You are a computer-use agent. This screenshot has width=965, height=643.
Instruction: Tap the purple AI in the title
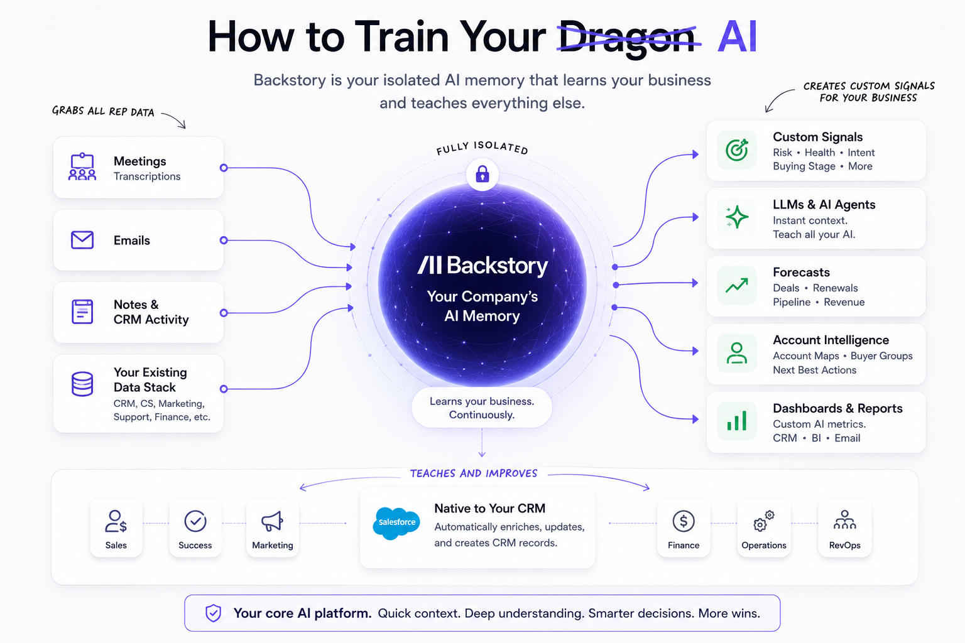737,36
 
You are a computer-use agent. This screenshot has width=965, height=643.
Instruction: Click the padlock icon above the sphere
482,175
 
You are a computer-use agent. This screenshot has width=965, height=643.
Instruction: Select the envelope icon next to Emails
82,240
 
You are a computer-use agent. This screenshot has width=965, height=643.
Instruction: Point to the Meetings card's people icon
82,166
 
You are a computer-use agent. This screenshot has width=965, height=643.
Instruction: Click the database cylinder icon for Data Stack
82,384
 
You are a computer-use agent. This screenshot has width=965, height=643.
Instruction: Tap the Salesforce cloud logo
396,523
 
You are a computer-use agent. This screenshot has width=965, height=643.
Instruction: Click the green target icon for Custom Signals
737,150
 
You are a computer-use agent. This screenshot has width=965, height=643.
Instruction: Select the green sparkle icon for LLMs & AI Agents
737,217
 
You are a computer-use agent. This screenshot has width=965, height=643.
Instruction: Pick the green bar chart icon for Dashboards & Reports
737,420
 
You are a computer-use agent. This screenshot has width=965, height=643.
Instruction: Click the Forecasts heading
801,272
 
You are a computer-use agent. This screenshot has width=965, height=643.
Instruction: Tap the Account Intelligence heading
831,340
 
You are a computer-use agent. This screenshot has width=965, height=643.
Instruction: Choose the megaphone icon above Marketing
272,521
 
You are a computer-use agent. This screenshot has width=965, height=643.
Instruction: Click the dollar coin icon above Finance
684,521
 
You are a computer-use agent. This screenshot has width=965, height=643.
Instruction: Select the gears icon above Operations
763,521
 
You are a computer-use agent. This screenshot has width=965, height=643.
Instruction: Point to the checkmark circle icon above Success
195,521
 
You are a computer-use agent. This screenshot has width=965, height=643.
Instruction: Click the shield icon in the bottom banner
213,613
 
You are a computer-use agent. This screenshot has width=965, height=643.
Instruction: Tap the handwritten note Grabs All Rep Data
103,111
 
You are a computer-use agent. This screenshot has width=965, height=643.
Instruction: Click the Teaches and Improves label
474,473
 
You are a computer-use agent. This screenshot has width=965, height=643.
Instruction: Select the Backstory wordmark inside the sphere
482,265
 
